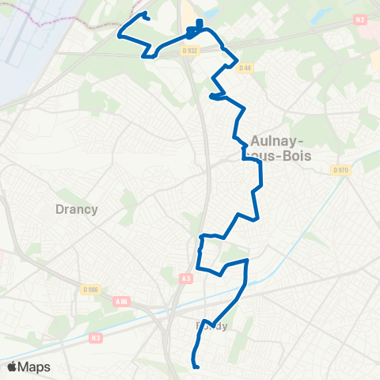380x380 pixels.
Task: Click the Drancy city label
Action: [77, 209]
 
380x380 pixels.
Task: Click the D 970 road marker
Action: [341, 169]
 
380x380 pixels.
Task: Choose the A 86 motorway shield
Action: [121, 301]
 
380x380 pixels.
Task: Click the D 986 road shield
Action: [90, 291]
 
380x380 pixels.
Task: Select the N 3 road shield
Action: [96, 337]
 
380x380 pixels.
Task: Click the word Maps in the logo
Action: [35, 367]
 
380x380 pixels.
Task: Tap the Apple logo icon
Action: [12, 367]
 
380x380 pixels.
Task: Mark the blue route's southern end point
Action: [196, 365]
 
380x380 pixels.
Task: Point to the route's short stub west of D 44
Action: [211, 97]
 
